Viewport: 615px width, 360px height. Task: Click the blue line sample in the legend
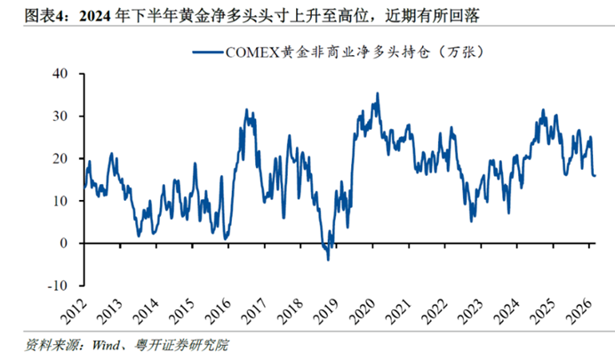[207, 53]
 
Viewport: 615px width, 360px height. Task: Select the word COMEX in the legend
[252, 53]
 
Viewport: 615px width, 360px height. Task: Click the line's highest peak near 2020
[378, 93]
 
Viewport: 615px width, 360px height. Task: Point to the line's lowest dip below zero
[328, 260]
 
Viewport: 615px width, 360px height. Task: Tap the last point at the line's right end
[595, 175]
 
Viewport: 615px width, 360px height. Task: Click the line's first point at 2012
[84, 188]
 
